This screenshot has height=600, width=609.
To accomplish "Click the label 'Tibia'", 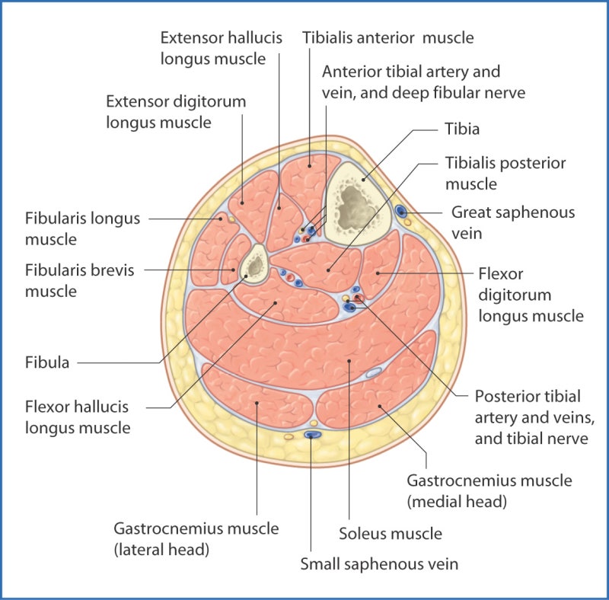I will coord(462,129).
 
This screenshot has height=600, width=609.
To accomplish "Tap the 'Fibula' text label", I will coord(47,363).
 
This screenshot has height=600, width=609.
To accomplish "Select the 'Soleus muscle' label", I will coord(391,534).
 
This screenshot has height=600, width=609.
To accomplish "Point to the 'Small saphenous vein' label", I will coord(379,564).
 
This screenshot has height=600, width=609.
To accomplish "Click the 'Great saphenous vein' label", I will coord(513,222).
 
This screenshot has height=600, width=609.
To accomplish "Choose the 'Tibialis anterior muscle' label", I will coord(387,37).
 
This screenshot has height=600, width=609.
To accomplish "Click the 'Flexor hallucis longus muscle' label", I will coord(78,416).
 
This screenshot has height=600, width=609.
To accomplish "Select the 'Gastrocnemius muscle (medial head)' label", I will coord(489,491).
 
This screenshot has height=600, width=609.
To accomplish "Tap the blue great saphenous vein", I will coord(400,210).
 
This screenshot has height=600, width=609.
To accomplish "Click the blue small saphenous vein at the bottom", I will coord(311,434).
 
